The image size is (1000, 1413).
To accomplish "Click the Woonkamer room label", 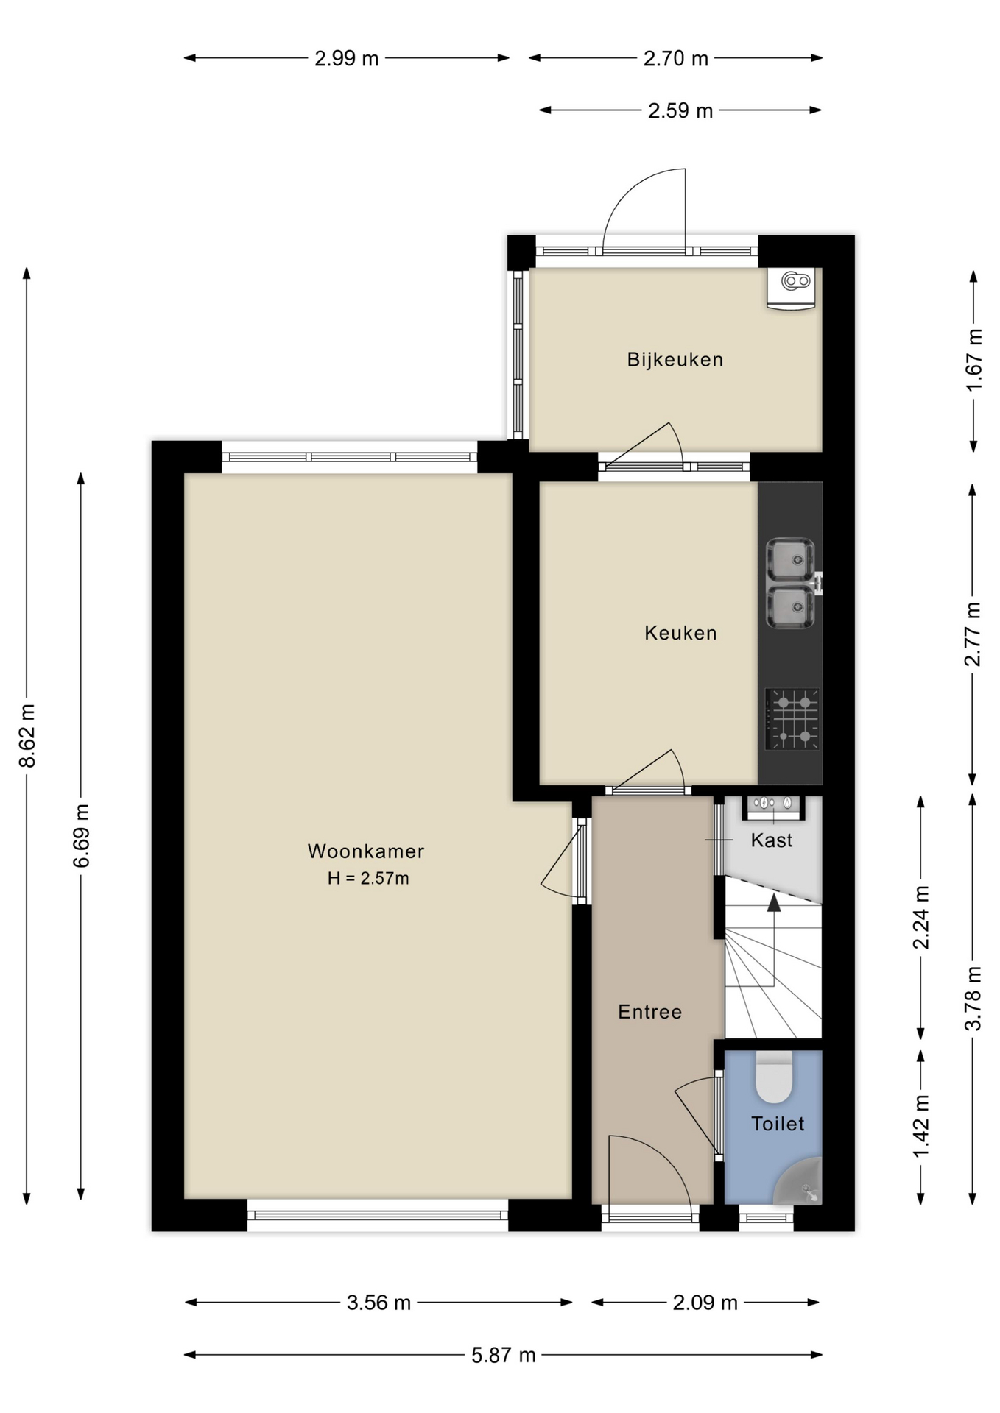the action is click(366, 851).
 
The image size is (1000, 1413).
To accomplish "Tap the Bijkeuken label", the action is click(675, 359).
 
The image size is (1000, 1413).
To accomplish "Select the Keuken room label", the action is click(680, 633).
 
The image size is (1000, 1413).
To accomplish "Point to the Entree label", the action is click(649, 1012).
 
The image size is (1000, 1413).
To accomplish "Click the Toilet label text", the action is click(778, 1124).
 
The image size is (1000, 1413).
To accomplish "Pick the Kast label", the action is click(772, 840).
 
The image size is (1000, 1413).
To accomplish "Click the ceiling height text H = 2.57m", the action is click(368, 878).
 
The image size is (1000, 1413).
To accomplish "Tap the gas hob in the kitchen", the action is click(792, 719).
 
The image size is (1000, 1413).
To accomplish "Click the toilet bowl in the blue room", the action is click(774, 1077).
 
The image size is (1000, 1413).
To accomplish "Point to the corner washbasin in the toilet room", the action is click(800, 1182).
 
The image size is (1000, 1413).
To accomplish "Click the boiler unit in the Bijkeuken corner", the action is click(792, 288).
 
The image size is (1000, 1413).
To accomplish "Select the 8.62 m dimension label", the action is click(27, 735).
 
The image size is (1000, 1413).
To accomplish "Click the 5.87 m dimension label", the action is click(504, 1355).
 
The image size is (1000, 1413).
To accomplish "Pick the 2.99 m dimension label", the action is click(346, 58).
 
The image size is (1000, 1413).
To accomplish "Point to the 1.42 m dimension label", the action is click(921, 1125).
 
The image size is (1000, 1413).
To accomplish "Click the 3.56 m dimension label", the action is click(378, 1303).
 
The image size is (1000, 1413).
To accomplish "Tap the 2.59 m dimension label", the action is click(680, 110).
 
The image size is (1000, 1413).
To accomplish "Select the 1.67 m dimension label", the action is click(973, 361).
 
